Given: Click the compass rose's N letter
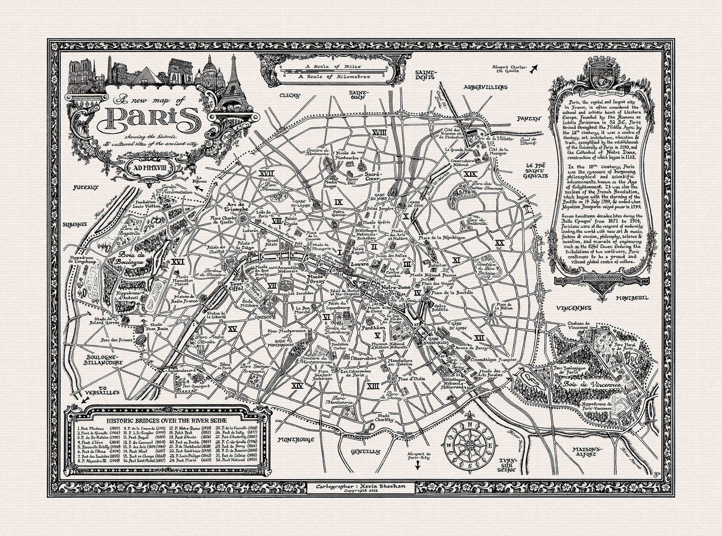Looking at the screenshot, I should [470, 425].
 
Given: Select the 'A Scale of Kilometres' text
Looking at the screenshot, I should [334, 77].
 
